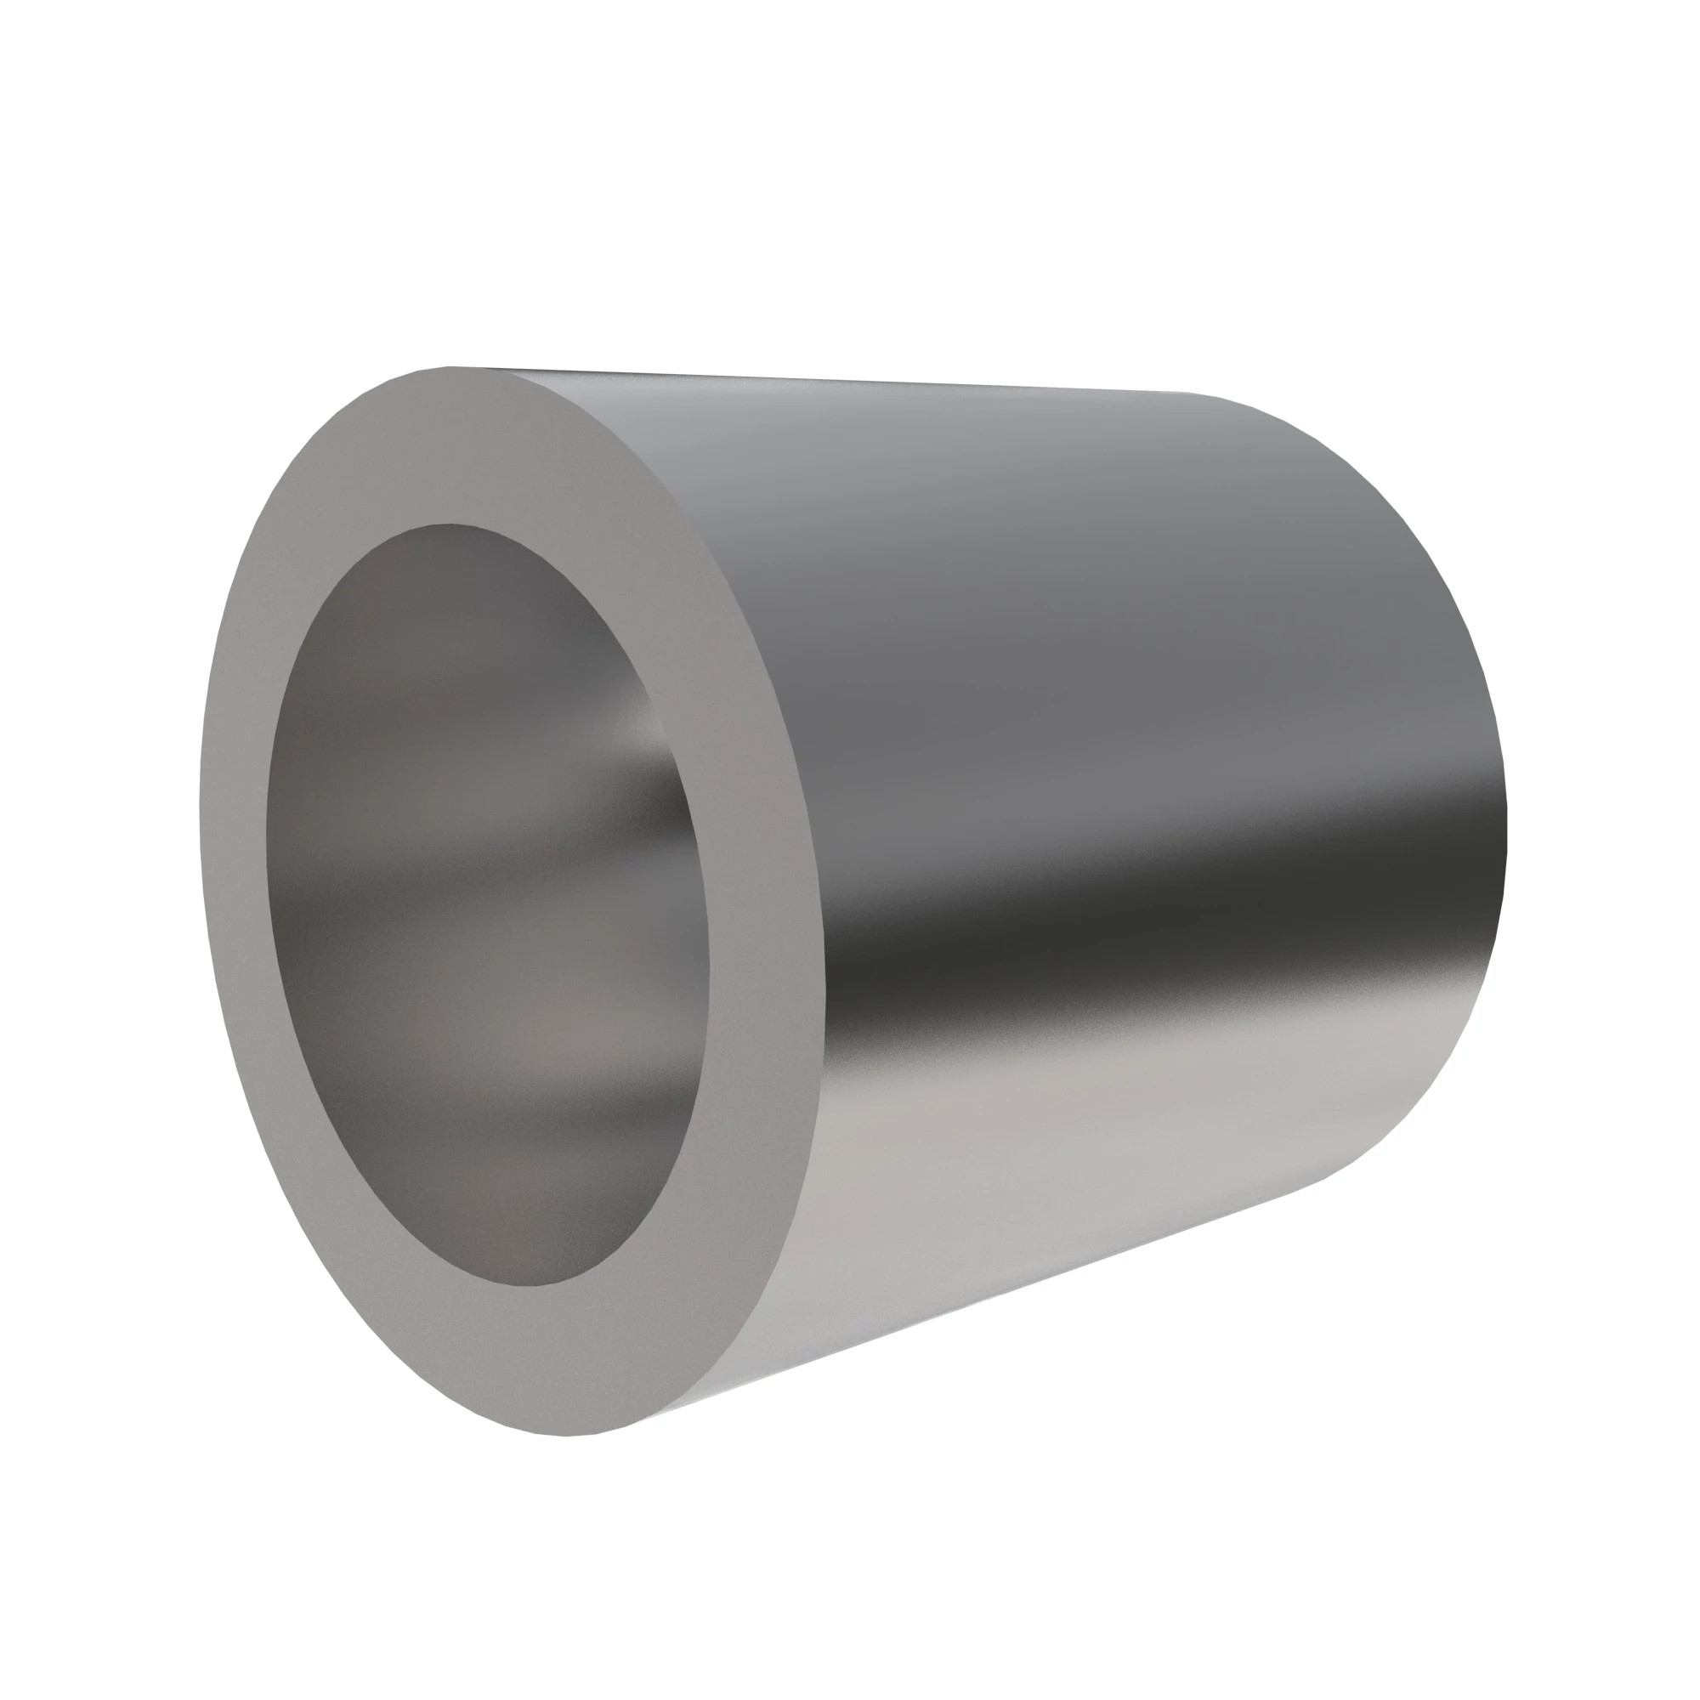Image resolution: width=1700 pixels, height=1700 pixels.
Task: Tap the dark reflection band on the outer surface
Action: click(1144, 932)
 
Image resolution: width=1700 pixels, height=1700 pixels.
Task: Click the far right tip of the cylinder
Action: click(1506, 836)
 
